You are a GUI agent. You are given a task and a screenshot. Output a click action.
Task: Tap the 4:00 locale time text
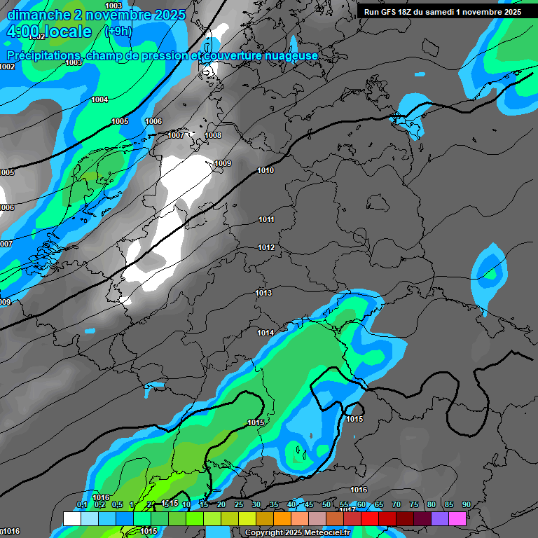[x=50, y=32]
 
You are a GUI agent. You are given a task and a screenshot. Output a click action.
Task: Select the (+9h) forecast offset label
[x=118, y=32]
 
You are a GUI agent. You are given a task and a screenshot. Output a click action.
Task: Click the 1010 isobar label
[x=265, y=170]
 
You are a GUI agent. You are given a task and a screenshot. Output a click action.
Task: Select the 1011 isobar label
[x=266, y=220]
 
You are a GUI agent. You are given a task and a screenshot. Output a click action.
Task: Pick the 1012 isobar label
[x=266, y=248]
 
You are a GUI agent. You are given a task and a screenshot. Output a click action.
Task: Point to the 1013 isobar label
[x=263, y=293]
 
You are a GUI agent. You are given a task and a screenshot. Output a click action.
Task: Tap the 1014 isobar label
[x=265, y=333]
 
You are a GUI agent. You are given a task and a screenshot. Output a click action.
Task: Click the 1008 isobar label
[x=213, y=135]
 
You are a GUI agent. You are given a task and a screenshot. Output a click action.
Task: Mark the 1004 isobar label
[x=99, y=100]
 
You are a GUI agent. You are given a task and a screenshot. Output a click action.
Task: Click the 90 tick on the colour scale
[x=466, y=504]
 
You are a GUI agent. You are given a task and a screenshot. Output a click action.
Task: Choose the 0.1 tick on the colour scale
[x=81, y=504]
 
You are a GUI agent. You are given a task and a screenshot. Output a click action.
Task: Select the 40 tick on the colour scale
[x=291, y=504]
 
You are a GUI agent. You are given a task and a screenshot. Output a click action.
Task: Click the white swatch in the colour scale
[x=71, y=518]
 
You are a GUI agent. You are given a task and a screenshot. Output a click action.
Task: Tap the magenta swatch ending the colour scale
[x=457, y=518]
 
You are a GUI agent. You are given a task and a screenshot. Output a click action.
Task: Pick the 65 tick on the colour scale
[x=378, y=504]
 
